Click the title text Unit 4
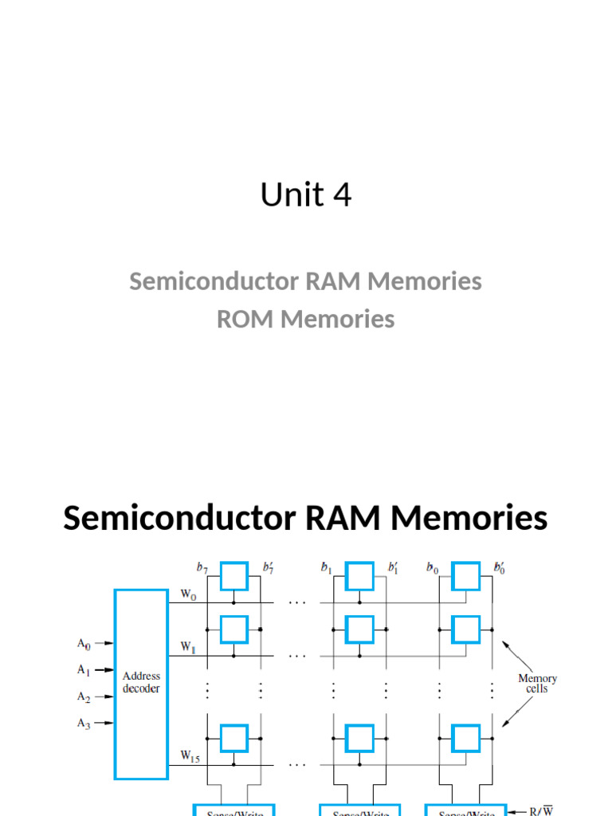pos(306,195)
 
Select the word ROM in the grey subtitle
pos(246,319)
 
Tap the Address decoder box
pos(141,683)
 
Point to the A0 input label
pos(84,642)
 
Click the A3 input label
pos(84,723)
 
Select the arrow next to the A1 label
pos(104,670)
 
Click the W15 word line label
pos(190,757)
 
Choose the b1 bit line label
pos(327,567)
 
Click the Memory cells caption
pos(537,684)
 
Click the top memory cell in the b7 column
pos(233,575)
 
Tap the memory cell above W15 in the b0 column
pos(466,737)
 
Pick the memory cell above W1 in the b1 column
pos(359,630)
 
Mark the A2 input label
pos(84,696)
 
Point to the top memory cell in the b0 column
pos(466,575)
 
